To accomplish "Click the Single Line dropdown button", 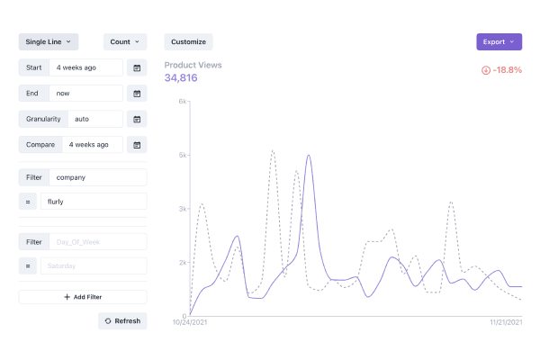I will (49, 41).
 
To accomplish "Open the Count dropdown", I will (125, 41).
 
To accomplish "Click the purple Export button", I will (499, 41).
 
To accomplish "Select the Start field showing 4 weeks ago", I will (86, 67).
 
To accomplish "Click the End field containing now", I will (86, 93).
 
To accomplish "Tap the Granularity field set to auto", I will (86, 119).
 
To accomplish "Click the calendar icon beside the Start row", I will (137, 67).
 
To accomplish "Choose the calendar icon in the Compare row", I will (137, 144).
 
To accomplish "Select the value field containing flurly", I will (93, 202).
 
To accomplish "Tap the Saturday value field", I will (93, 266).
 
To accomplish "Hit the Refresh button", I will (122, 321).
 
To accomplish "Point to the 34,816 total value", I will (181, 78).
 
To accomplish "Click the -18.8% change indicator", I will (501, 70).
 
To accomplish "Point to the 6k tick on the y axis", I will (182, 102).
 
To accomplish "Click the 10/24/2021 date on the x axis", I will (190, 321).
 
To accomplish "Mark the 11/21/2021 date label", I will (506, 321).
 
